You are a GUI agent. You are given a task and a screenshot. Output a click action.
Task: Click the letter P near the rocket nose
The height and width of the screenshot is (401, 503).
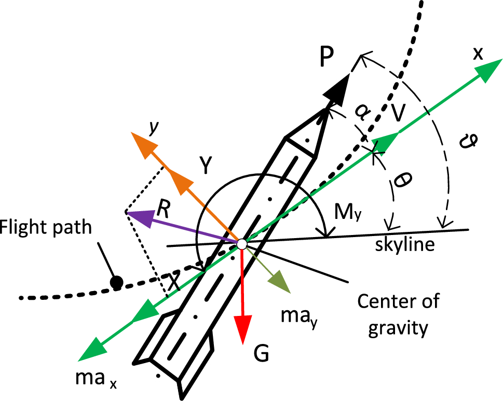[327, 60]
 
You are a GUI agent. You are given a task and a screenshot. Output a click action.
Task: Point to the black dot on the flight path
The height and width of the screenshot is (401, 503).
[117, 282]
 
